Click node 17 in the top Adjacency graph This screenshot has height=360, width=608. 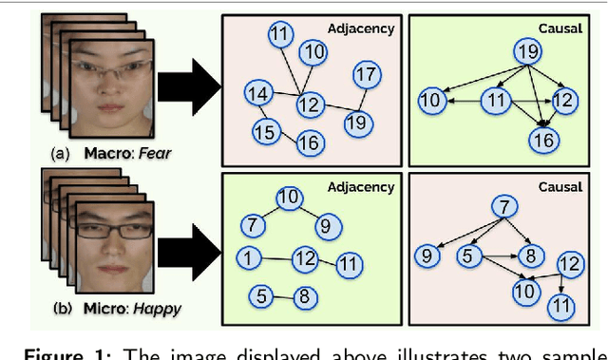pyautogui.click(x=366, y=73)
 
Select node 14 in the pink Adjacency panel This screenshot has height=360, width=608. pyautogui.click(x=256, y=93)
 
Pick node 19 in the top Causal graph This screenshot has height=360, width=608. pyautogui.click(x=525, y=51)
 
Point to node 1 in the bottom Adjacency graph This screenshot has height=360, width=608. pyautogui.click(x=247, y=257)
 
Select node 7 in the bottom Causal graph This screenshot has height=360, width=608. pyautogui.click(x=508, y=208)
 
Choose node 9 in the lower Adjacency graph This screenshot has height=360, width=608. pyautogui.click(x=324, y=225)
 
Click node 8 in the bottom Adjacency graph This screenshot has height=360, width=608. pyautogui.click(x=302, y=297)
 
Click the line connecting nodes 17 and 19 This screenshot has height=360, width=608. pyautogui.click(x=361, y=97)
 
